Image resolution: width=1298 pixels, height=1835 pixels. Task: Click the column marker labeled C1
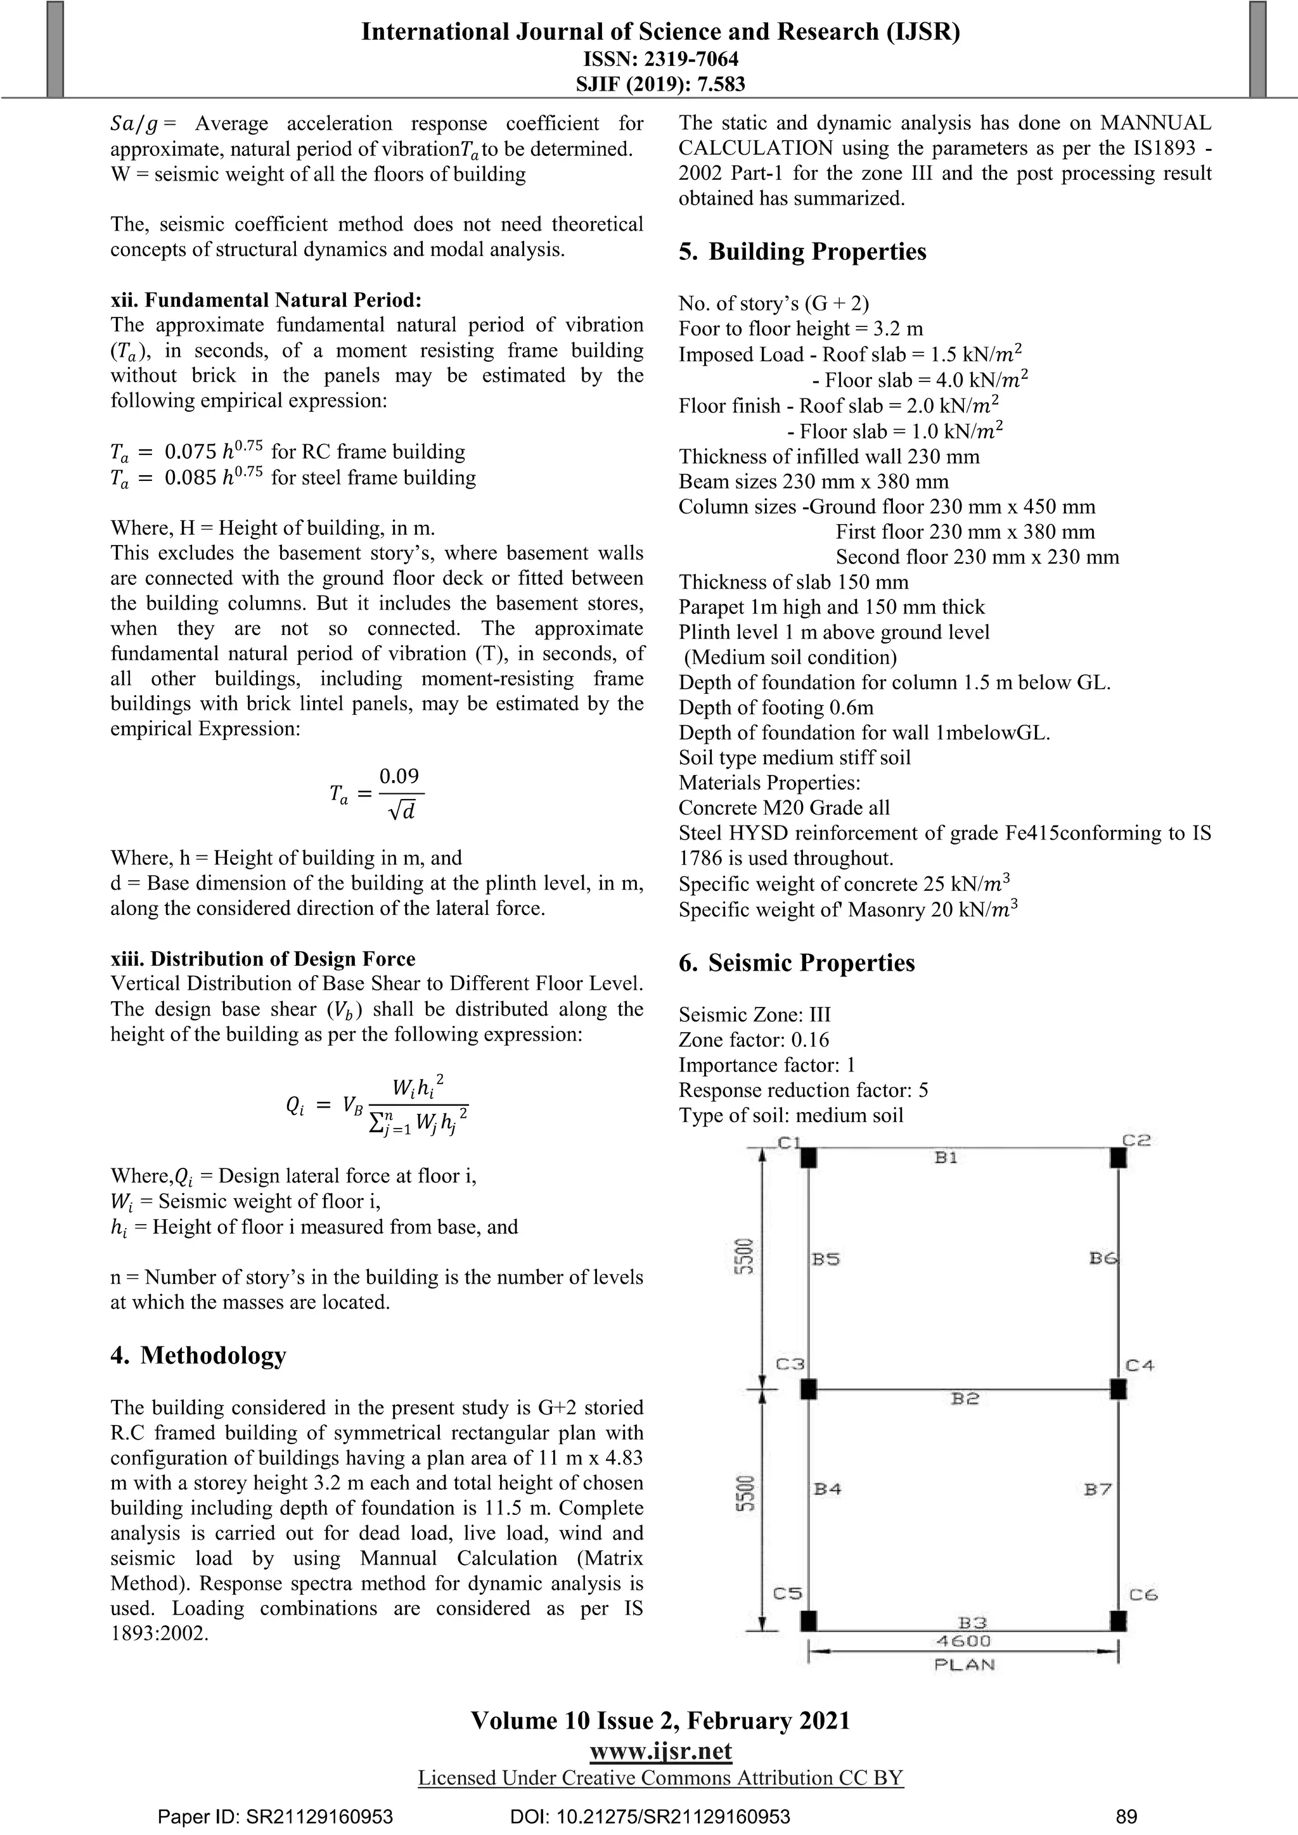coord(808,1157)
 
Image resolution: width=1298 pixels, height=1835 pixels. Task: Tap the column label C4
coord(1140,1365)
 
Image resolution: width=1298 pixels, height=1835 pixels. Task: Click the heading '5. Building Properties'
coord(802,252)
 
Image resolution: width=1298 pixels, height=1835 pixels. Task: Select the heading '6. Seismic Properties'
coord(796,963)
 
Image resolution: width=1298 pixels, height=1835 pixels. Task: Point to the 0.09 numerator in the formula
coord(399,776)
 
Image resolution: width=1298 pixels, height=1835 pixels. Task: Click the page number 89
coord(1126,1817)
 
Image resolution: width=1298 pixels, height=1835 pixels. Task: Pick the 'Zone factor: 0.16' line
coord(754,1040)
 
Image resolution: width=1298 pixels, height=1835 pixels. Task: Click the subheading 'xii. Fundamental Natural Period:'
coord(266,300)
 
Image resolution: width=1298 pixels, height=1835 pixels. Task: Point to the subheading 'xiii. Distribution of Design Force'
coord(263,959)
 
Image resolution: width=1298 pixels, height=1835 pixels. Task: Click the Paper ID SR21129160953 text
coord(275,1817)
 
